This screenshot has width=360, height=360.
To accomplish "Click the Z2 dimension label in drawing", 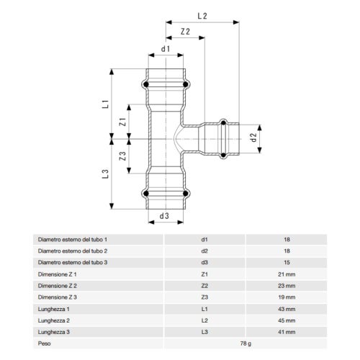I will tap(185, 32).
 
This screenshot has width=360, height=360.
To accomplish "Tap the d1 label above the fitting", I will tap(165, 49).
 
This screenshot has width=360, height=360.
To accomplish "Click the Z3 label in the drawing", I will tap(122, 156).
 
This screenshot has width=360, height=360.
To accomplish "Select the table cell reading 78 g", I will tap(245, 343).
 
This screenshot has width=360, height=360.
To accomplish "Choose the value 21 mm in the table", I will tap(286, 274).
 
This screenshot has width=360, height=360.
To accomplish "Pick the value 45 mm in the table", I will tap(286, 320).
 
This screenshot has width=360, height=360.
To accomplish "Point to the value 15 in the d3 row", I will tap(286, 263).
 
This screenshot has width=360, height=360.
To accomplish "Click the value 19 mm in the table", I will tap(286, 297).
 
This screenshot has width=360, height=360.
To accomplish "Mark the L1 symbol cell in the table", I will tap(204, 309).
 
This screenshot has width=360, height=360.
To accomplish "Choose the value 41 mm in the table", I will tap(286, 332).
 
